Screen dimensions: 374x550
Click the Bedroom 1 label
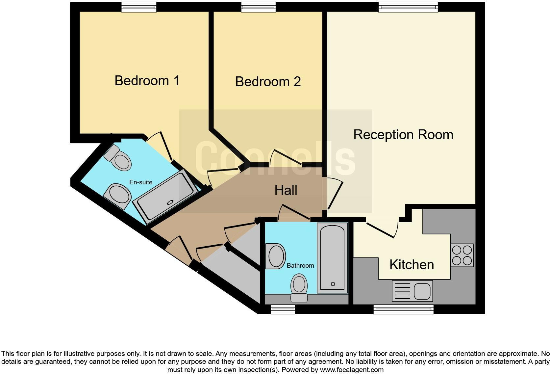pos(147,81)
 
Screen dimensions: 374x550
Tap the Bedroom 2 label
pos(268,82)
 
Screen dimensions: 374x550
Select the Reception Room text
pos(403,135)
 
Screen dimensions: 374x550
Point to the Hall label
pos(286,190)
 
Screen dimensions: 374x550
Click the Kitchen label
pos(412,265)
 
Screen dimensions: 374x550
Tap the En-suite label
pos(141,182)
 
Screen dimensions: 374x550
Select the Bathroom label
pos(300,265)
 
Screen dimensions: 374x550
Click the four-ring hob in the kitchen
pos(462,255)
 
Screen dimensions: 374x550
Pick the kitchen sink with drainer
pos(412,291)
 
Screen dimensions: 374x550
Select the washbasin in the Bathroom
pos(276,256)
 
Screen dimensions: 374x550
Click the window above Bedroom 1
pos(138,7)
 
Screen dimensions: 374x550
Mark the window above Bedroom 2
pos(258,7)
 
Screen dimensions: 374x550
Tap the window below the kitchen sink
pos(403,309)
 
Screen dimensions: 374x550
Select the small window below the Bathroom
pos(283,309)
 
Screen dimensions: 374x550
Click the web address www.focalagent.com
pos(352,370)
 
